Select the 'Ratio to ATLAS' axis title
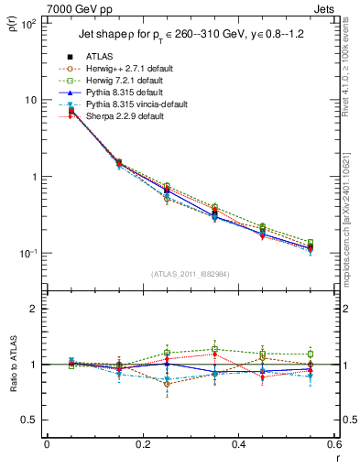pos(11,365)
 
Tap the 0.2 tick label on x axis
pos(142,445)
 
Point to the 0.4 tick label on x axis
pos(238,445)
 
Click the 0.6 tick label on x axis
pos(333,445)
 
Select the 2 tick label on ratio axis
pos(33,309)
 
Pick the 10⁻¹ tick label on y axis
pos(27,254)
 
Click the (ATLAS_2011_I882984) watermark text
pos(191,273)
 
